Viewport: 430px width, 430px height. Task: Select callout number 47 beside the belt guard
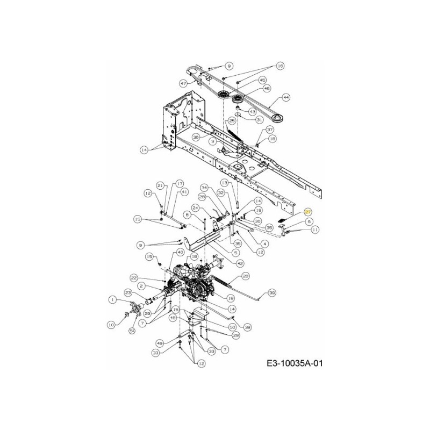pyautogui.click(x=183, y=83)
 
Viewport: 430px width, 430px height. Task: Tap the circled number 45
pyautogui.click(x=263, y=80)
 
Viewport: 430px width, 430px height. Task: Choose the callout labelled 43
pyautogui.click(x=252, y=111)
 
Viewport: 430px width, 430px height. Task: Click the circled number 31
pyautogui.click(x=259, y=119)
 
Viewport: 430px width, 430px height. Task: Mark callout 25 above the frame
pyautogui.click(x=232, y=120)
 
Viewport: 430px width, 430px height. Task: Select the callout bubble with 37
pyautogui.click(x=270, y=130)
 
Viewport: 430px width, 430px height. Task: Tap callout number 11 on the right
pyautogui.click(x=316, y=230)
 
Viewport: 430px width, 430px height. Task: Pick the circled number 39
pyautogui.click(x=272, y=293)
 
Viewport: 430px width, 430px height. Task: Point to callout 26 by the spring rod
pyautogui.click(x=246, y=276)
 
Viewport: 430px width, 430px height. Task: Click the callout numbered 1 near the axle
pyautogui.click(x=112, y=299)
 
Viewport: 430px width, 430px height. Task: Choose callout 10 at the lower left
pyautogui.click(x=111, y=324)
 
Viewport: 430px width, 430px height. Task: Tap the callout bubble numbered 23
pyautogui.click(x=128, y=293)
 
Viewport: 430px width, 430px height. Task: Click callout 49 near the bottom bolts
pyautogui.click(x=160, y=343)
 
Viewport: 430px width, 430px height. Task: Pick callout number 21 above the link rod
pyautogui.click(x=160, y=185)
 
